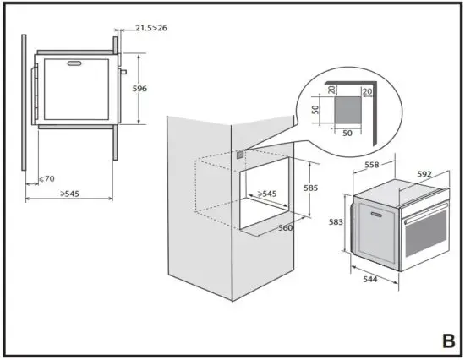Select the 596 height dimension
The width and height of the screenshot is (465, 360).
tap(139, 88)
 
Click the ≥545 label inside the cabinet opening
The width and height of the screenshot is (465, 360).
tap(265, 194)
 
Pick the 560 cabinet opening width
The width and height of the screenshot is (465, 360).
tap(287, 227)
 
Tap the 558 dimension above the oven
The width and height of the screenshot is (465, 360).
tap(370, 166)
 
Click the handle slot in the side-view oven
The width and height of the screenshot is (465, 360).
tap(74, 61)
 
